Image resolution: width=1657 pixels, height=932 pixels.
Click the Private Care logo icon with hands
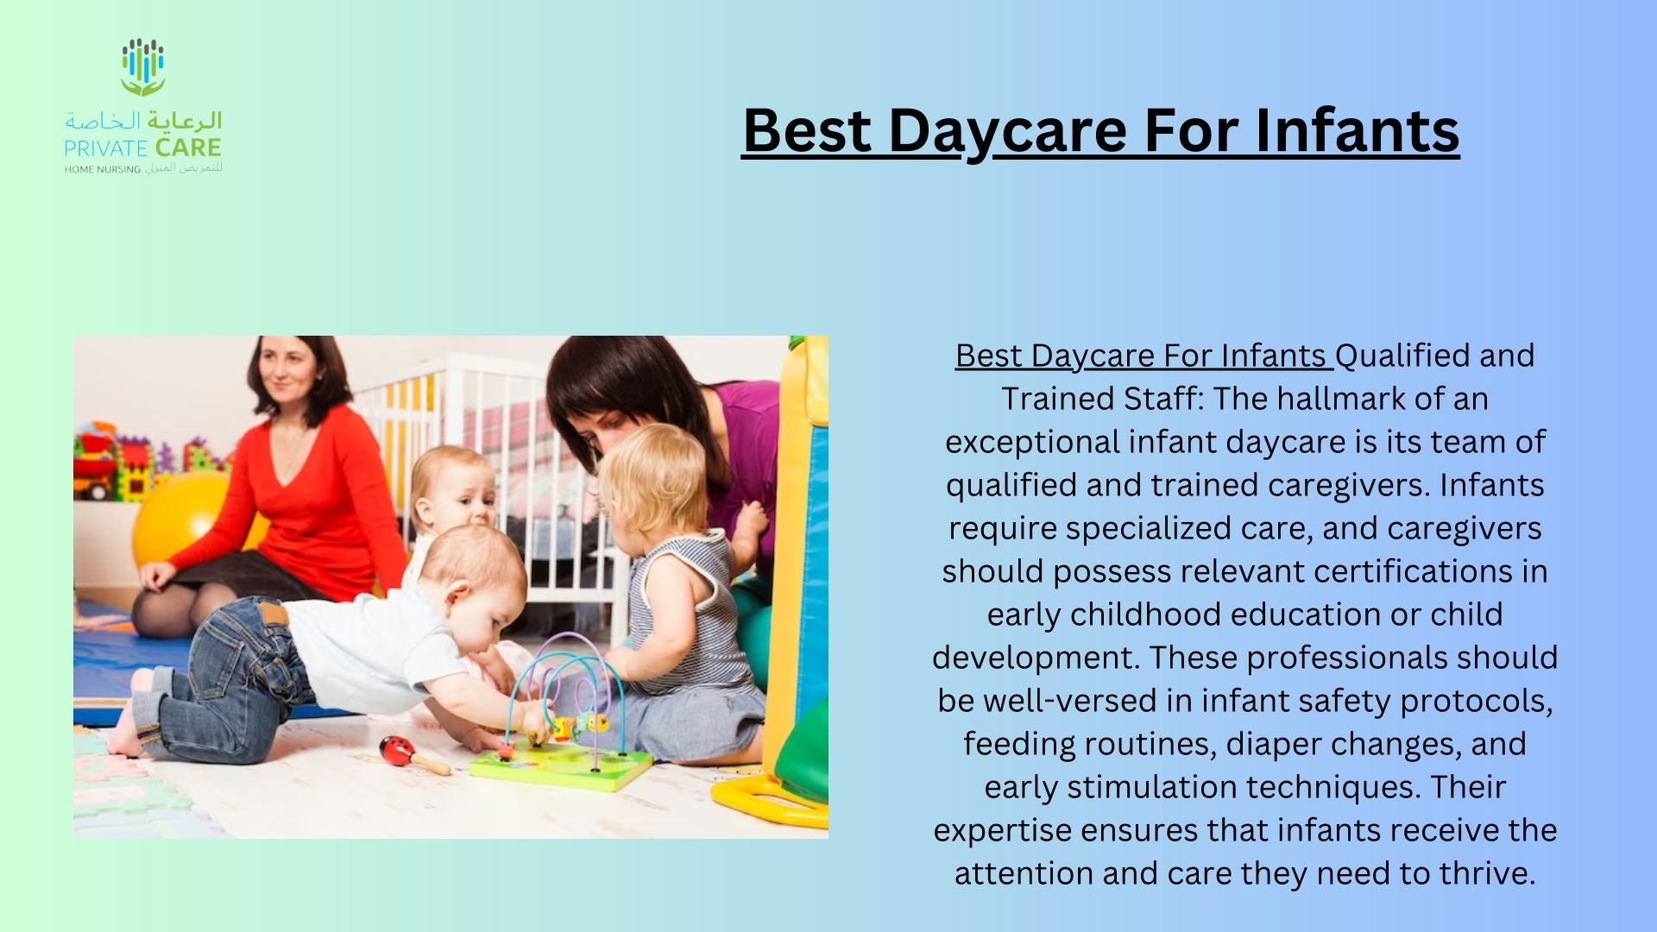click(x=142, y=66)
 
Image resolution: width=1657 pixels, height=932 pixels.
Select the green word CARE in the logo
click(x=188, y=148)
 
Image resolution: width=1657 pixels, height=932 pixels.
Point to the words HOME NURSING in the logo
click(x=102, y=169)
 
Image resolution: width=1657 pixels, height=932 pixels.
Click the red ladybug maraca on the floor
click(x=413, y=753)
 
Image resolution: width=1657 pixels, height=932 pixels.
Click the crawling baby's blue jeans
click(x=229, y=682)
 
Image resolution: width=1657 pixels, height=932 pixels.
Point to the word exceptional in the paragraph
click(x=1032, y=443)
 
